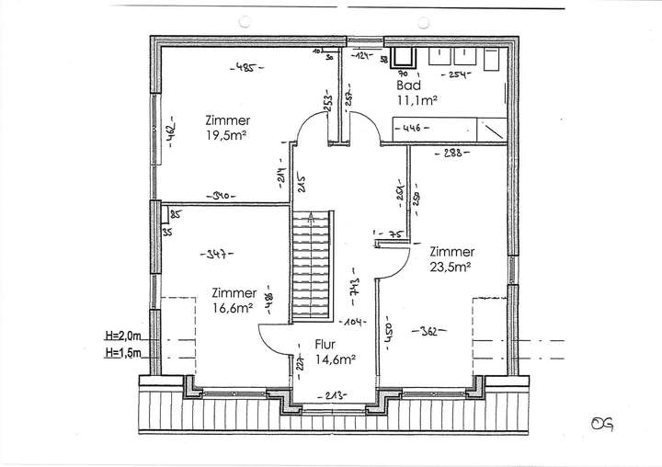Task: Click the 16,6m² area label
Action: (x=233, y=308)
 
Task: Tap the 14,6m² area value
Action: (x=335, y=361)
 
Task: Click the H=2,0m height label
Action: (x=125, y=337)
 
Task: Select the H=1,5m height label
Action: (x=125, y=351)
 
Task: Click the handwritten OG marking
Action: (x=603, y=425)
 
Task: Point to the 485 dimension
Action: (x=244, y=67)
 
